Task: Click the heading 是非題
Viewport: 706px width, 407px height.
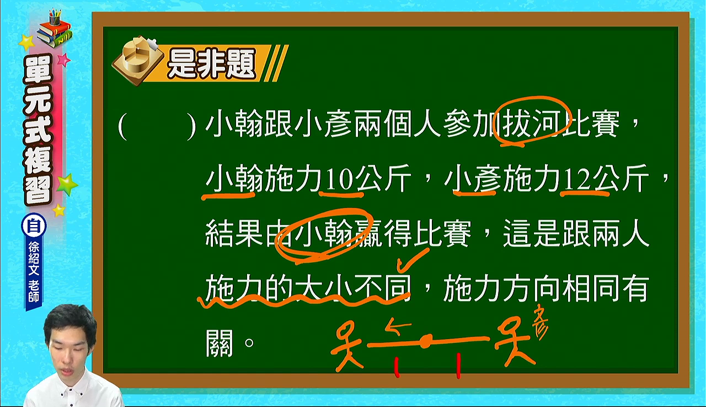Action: pyautogui.click(x=211, y=65)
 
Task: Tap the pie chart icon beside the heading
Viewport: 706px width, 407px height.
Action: pyautogui.click(x=138, y=61)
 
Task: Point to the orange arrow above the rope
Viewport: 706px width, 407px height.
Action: pyautogui.click(x=398, y=328)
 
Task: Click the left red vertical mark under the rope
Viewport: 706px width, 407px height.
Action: pyautogui.click(x=397, y=368)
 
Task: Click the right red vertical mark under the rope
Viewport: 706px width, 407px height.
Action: pyautogui.click(x=458, y=366)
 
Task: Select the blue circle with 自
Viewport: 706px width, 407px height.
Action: pyautogui.click(x=34, y=226)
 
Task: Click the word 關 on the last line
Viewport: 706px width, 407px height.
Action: pyautogui.click(x=220, y=344)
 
